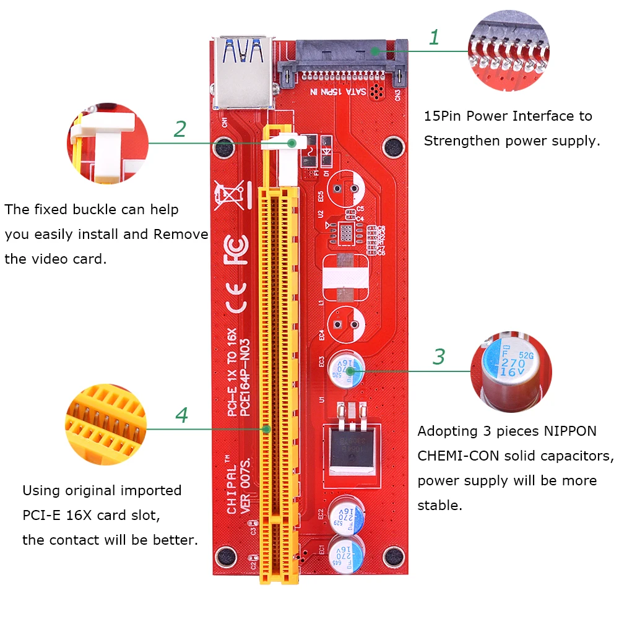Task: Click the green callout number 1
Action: point(434,38)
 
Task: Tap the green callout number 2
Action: point(180,129)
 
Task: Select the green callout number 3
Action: point(438,357)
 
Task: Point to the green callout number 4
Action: point(181,415)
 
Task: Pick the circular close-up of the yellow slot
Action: point(105,424)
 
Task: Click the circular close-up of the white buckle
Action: point(108,144)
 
